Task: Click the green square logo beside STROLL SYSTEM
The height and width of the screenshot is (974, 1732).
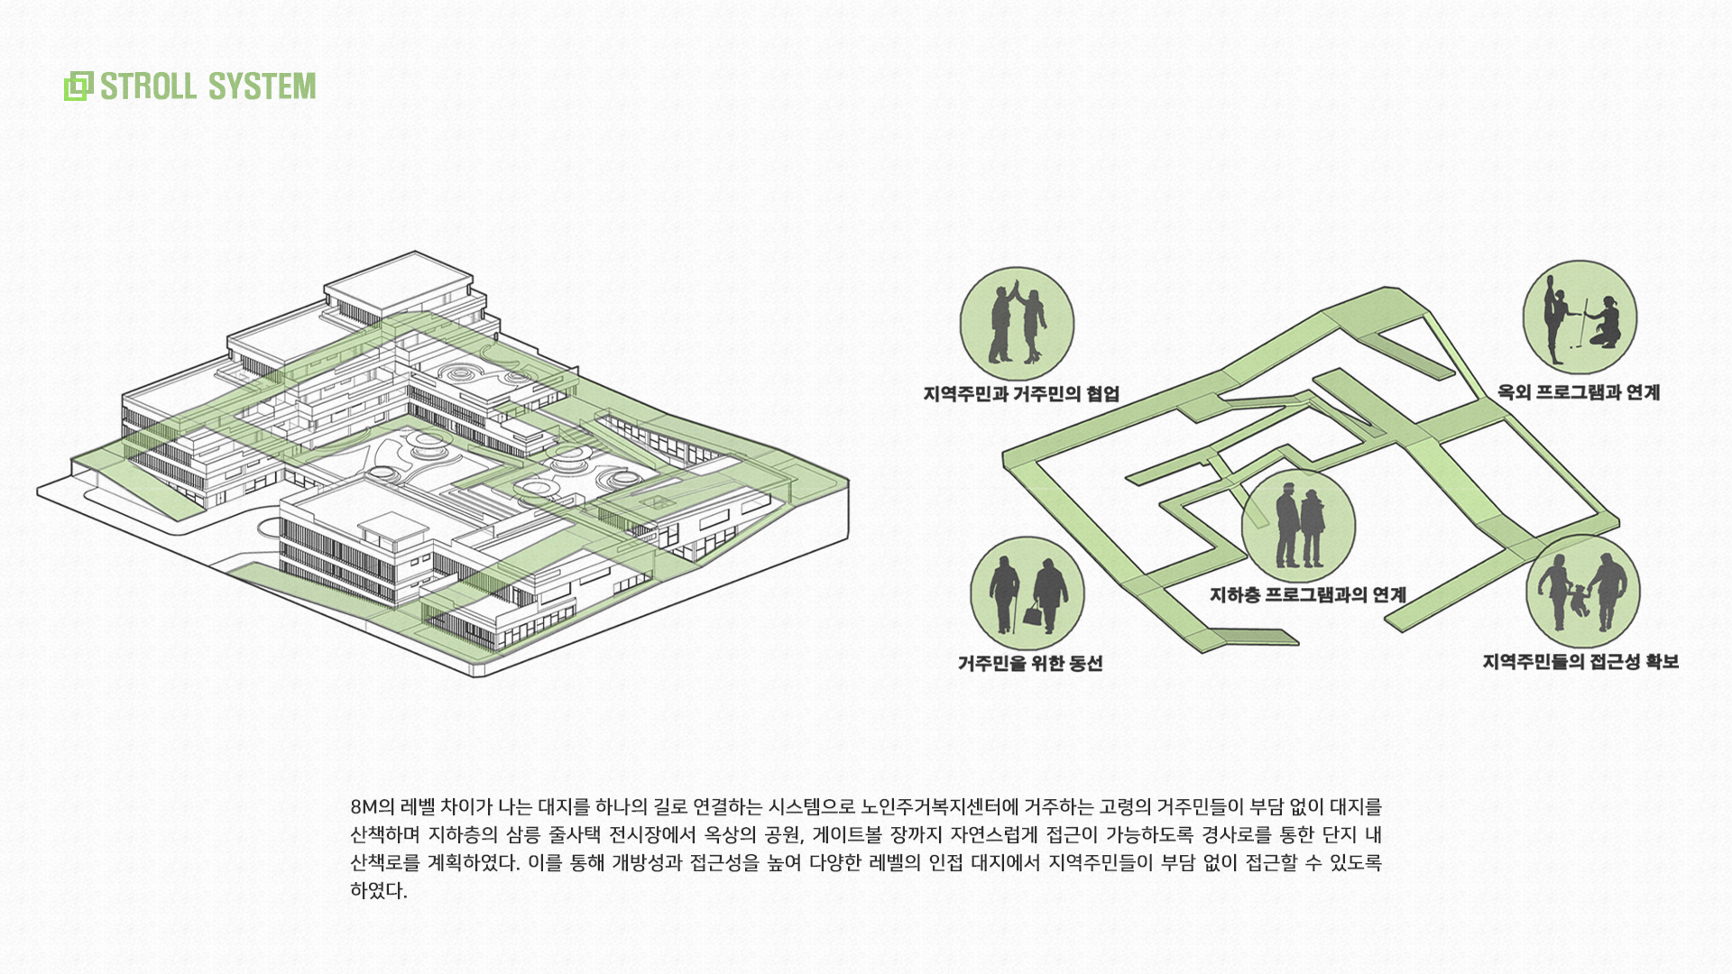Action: pyautogui.click(x=78, y=87)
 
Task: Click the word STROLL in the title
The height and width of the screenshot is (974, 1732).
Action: pyautogui.click(x=148, y=87)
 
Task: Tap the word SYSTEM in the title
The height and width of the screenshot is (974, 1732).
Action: pyautogui.click(x=263, y=87)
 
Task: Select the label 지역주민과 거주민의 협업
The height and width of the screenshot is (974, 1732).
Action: pyautogui.click(x=1021, y=394)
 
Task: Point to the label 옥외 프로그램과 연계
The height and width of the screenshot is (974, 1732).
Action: pyautogui.click(x=1579, y=392)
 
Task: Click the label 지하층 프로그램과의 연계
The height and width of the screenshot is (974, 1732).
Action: pyautogui.click(x=1308, y=595)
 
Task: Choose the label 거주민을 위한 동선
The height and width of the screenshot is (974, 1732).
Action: pyautogui.click(x=1030, y=664)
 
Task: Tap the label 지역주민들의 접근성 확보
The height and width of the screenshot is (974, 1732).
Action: pyautogui.click(x=1580, y=662)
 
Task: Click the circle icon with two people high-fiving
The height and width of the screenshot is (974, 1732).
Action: pyautogui.click(x=1017, y=324)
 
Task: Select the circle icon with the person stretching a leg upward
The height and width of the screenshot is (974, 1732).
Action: pyautogui.click(x=1580, y=317)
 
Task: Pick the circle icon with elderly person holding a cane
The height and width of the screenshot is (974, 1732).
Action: pyautogui.click(x=1027, y=593)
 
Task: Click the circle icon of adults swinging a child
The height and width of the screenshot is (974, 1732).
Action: pyautogui.click(x=1582, y=591)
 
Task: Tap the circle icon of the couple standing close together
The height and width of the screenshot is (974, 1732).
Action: pyautogui.click(x=1298, y=526)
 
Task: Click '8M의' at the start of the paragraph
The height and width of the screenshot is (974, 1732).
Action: pyautogui.click(x=373, y=807)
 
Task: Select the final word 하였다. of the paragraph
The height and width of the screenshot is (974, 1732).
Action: pyautogui.click(x=379, y=892)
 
